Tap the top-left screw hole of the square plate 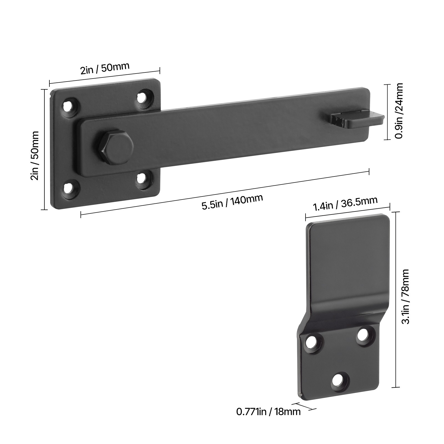pyautogui.click(x=68, y=106)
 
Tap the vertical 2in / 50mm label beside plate pyautogui.click(x=35, y=156)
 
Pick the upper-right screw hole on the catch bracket pyautogui.click(x=362, y=335)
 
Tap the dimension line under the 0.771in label pyautogui.click(x=304, y=406)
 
